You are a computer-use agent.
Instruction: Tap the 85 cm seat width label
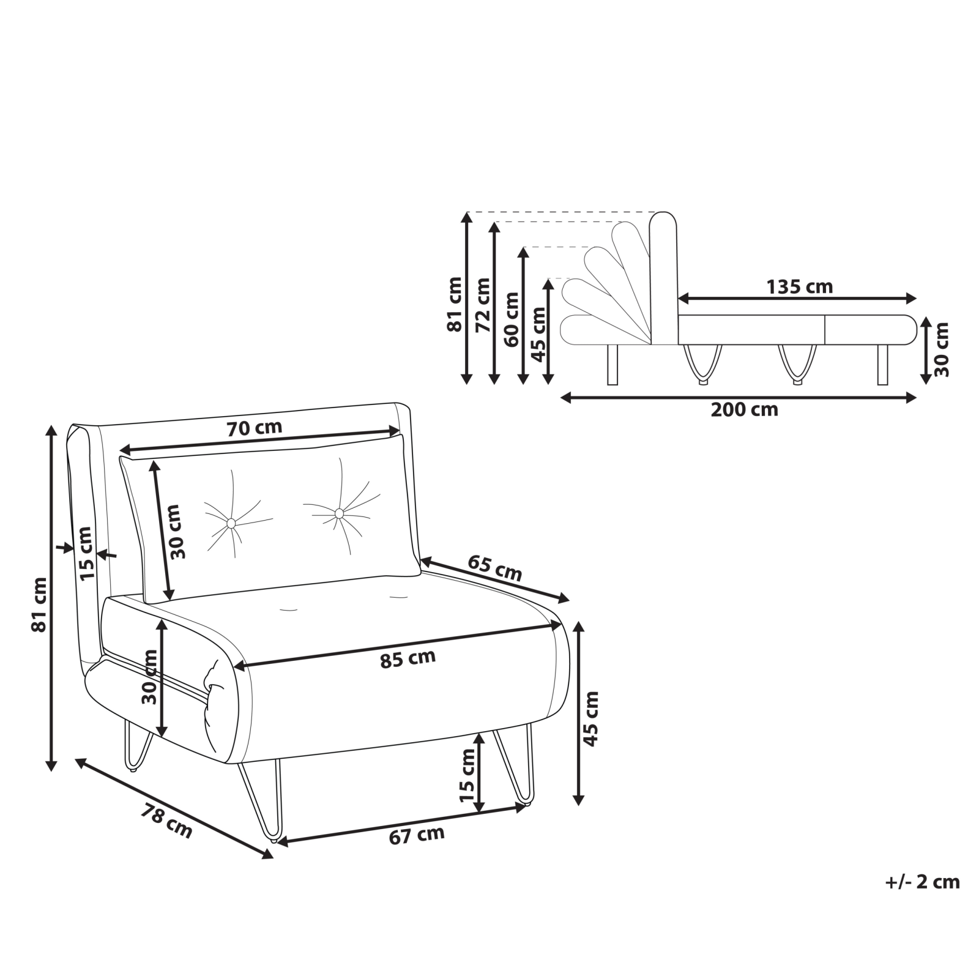tap(408, 658)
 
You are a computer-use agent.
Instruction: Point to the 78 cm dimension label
tap(166, 821)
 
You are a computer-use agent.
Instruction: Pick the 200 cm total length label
tap(744, 409)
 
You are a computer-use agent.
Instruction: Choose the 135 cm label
tap(800, 286)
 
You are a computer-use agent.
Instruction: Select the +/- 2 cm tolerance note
tap(923, 882)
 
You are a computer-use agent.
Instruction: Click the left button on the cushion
tap(231, 523)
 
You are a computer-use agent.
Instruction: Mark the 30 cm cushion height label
tap(176, 532)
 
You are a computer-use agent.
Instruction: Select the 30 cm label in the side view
tap(942, 349)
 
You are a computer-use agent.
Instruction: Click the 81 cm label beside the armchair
tap(39, 605)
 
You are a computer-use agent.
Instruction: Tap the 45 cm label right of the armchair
tap(591, 718)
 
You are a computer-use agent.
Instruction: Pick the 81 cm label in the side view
tap(455, 305)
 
